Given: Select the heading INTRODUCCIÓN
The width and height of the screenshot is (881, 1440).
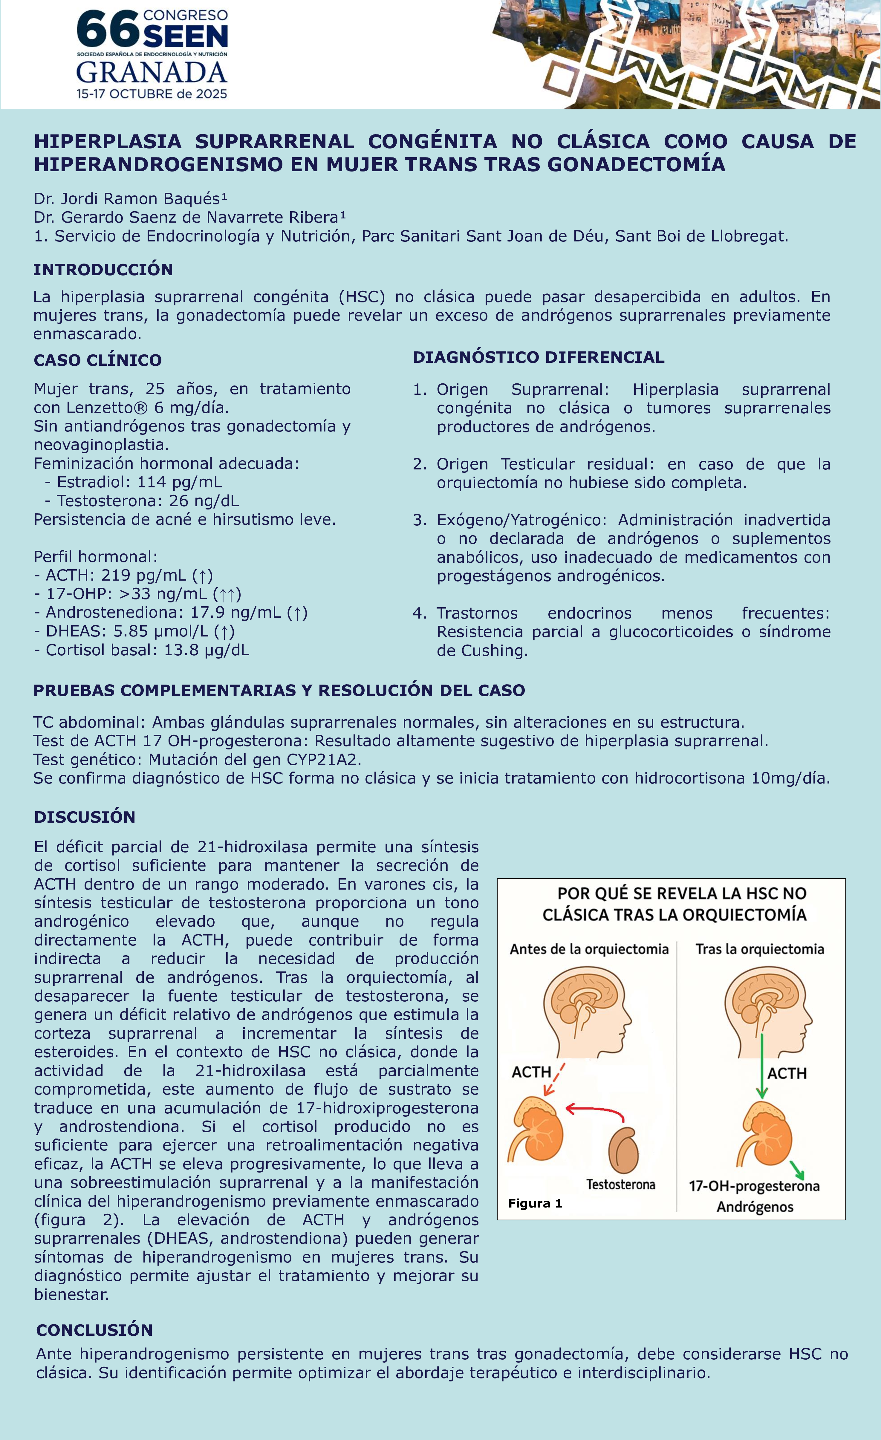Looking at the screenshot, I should [x=103, y=270].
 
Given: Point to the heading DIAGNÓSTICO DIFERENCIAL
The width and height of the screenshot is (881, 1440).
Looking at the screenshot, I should [x=539, y=357].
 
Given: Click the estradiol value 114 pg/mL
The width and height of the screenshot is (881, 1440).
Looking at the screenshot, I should [x=180, y=482].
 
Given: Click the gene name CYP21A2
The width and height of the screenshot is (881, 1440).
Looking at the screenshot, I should [x=325, y=760].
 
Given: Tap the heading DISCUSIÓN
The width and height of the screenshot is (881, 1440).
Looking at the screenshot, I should [x=85, y=817].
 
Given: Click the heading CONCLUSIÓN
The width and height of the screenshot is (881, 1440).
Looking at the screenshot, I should [x=94, y=1330].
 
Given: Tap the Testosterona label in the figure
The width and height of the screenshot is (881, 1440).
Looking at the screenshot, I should [x=621, y=1185].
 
